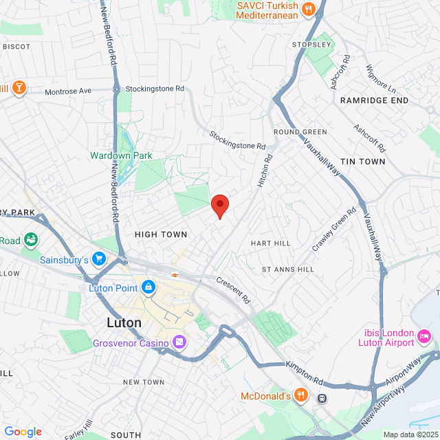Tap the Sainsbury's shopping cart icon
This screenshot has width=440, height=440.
click(x=99, y=259)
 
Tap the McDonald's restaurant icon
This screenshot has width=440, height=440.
click(x=300, y=395)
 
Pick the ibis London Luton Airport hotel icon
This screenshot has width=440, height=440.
click(x=424, y=338)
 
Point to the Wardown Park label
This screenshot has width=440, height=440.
click(x=121, y=155)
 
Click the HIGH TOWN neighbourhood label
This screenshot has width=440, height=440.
click(x=161, y=234)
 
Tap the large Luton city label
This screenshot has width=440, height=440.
click(x=124, y=322)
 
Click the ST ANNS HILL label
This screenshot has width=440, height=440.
click(x=287, y=269)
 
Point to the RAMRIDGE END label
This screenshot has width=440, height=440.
click(x=374, y=100)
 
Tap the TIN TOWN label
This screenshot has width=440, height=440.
click(x=363, y=161)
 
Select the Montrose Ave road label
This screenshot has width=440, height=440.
click(x=68, y=91)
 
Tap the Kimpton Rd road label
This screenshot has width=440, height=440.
click(x=305, y=372)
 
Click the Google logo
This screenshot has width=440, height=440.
click(x=23, y=432)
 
